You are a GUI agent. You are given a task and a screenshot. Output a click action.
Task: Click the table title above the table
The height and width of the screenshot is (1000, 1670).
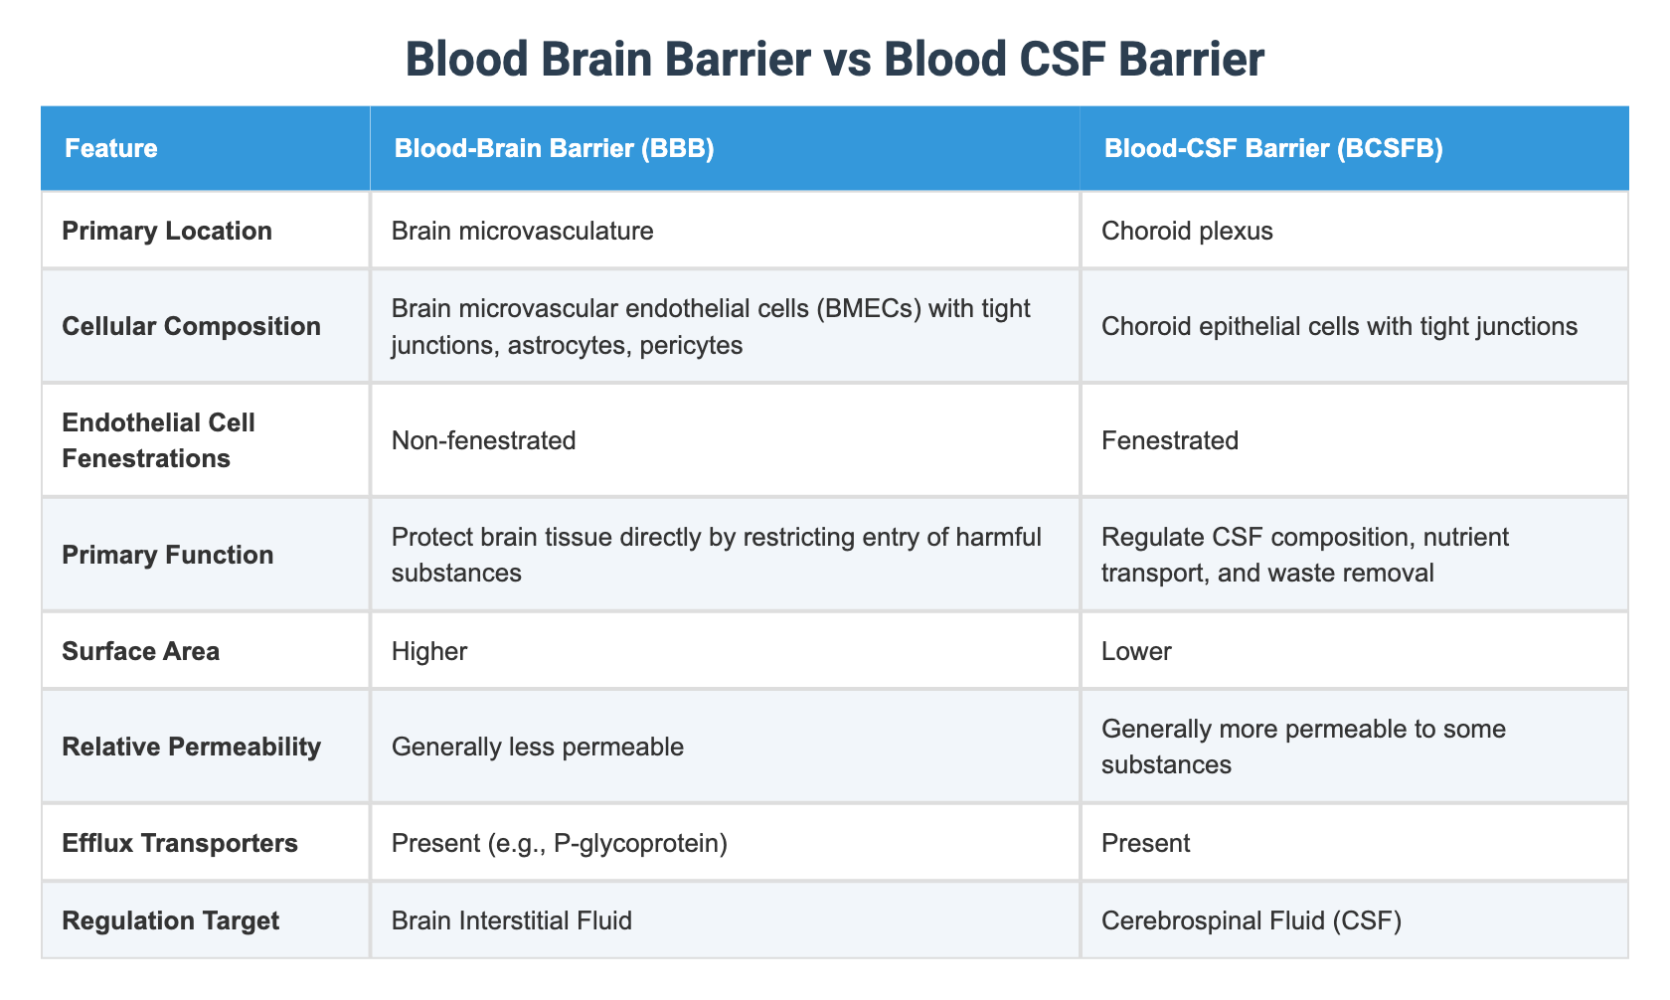click(x=835, y=60)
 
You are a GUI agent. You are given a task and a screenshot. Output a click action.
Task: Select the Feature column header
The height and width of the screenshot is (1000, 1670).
click(x=111, y=149)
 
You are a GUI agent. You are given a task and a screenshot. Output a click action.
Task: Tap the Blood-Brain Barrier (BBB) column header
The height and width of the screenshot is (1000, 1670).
click(x=554, y=149)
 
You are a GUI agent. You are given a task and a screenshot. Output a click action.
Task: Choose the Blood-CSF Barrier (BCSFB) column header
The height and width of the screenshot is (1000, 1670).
click(x=1273, y=149)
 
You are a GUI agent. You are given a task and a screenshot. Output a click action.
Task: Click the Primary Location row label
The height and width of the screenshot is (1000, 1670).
click(x=167, y=231)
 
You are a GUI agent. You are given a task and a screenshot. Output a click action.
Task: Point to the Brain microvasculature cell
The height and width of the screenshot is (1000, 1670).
click(x=523, y=231)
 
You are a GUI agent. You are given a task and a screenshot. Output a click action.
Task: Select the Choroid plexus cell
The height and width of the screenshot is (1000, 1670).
click(x=1187, y=231)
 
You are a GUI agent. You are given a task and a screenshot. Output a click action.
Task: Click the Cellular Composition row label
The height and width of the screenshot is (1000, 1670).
click(x=191, y=326)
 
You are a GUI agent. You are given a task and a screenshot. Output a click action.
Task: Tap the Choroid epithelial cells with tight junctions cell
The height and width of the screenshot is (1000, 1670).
click(x=1339, y=326)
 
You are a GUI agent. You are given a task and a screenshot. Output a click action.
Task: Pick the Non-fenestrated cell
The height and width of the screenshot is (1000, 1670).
click(x=484, y=440)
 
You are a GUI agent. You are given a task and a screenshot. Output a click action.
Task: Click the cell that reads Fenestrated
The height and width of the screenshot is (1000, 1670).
click(x=1170, y=440)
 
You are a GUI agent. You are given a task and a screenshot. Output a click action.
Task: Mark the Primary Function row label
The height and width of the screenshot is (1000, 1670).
click(x=168, y=555)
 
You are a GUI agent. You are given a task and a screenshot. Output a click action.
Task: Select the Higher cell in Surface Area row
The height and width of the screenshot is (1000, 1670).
click(x=429, y=651)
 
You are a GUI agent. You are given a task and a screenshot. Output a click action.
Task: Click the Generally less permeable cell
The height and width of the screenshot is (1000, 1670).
click(x=538, y=747)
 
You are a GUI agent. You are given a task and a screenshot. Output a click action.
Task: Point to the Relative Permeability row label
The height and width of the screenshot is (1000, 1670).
click(x=191, y=747)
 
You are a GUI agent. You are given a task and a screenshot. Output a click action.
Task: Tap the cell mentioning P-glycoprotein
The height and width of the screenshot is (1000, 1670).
click(x=560, y=843)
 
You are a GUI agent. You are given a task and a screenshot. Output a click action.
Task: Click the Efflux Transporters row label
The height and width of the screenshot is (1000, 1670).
click(x=180, y=843)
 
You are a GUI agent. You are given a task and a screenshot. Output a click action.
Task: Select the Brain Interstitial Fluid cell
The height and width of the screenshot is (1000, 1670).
click(x=512, y=920)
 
